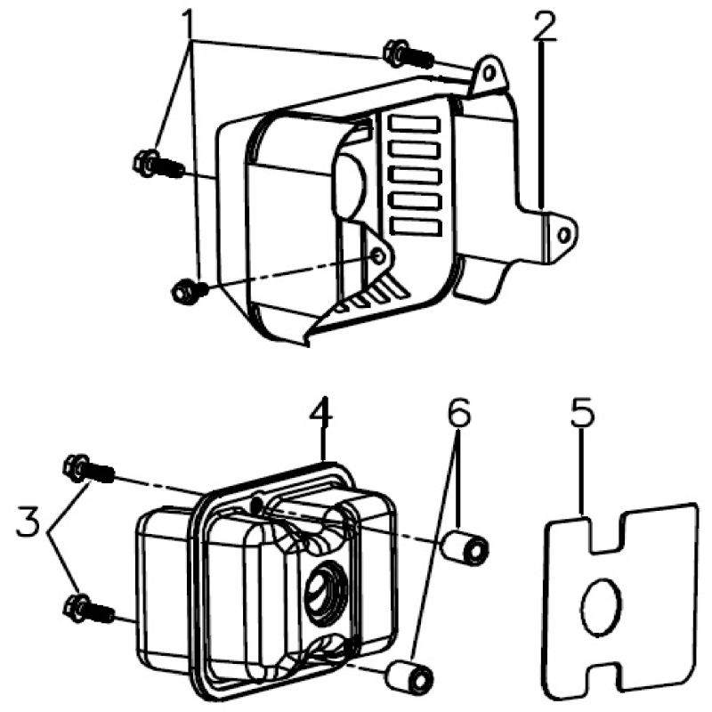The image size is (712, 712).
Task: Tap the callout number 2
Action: coord(545,29)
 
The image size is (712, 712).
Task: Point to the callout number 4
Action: coord(322,416)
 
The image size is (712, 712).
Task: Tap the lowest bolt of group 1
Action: coord(187,289)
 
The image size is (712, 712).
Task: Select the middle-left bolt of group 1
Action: coord(154,164)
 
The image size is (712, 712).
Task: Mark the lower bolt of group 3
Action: coord(86,609)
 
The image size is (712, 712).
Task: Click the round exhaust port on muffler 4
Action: coord(320,590)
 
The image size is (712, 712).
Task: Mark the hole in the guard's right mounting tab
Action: coord(562,233)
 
